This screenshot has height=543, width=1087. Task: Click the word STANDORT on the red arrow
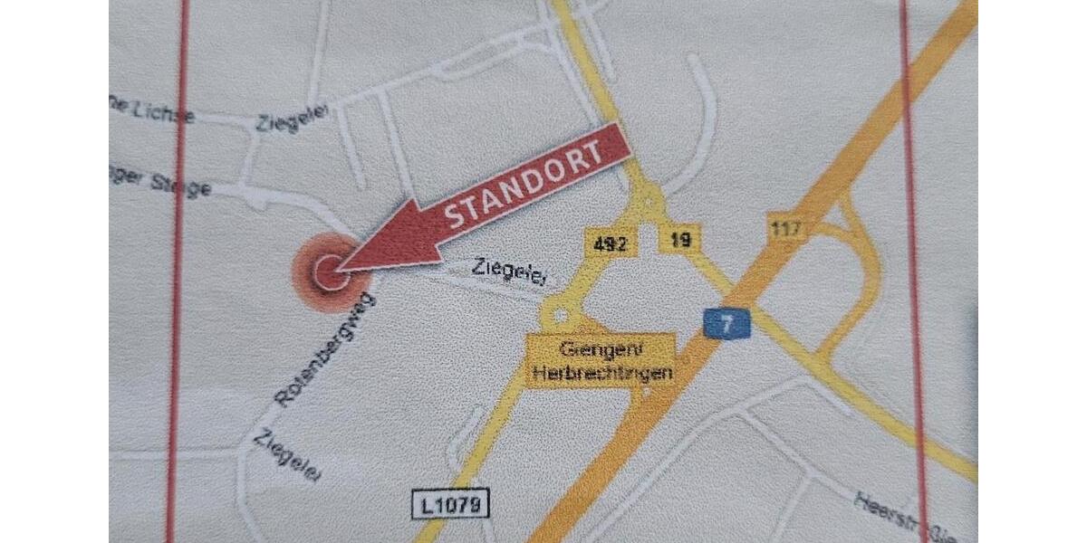pos(525,186)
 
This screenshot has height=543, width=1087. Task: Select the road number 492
pos(611,243)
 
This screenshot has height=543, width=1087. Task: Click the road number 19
pos(681,241)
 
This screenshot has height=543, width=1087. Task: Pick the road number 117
pos(786,227)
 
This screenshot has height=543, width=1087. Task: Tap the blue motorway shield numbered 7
pos(726,322)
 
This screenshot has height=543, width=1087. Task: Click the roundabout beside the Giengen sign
pos(559,314)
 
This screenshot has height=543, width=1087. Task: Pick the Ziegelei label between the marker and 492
pos(507,271)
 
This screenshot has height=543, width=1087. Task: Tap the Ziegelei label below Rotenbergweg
pos(286,455)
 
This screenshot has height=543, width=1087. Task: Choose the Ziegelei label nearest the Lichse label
pos(291,117)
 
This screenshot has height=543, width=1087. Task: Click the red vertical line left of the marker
pos(178,271)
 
